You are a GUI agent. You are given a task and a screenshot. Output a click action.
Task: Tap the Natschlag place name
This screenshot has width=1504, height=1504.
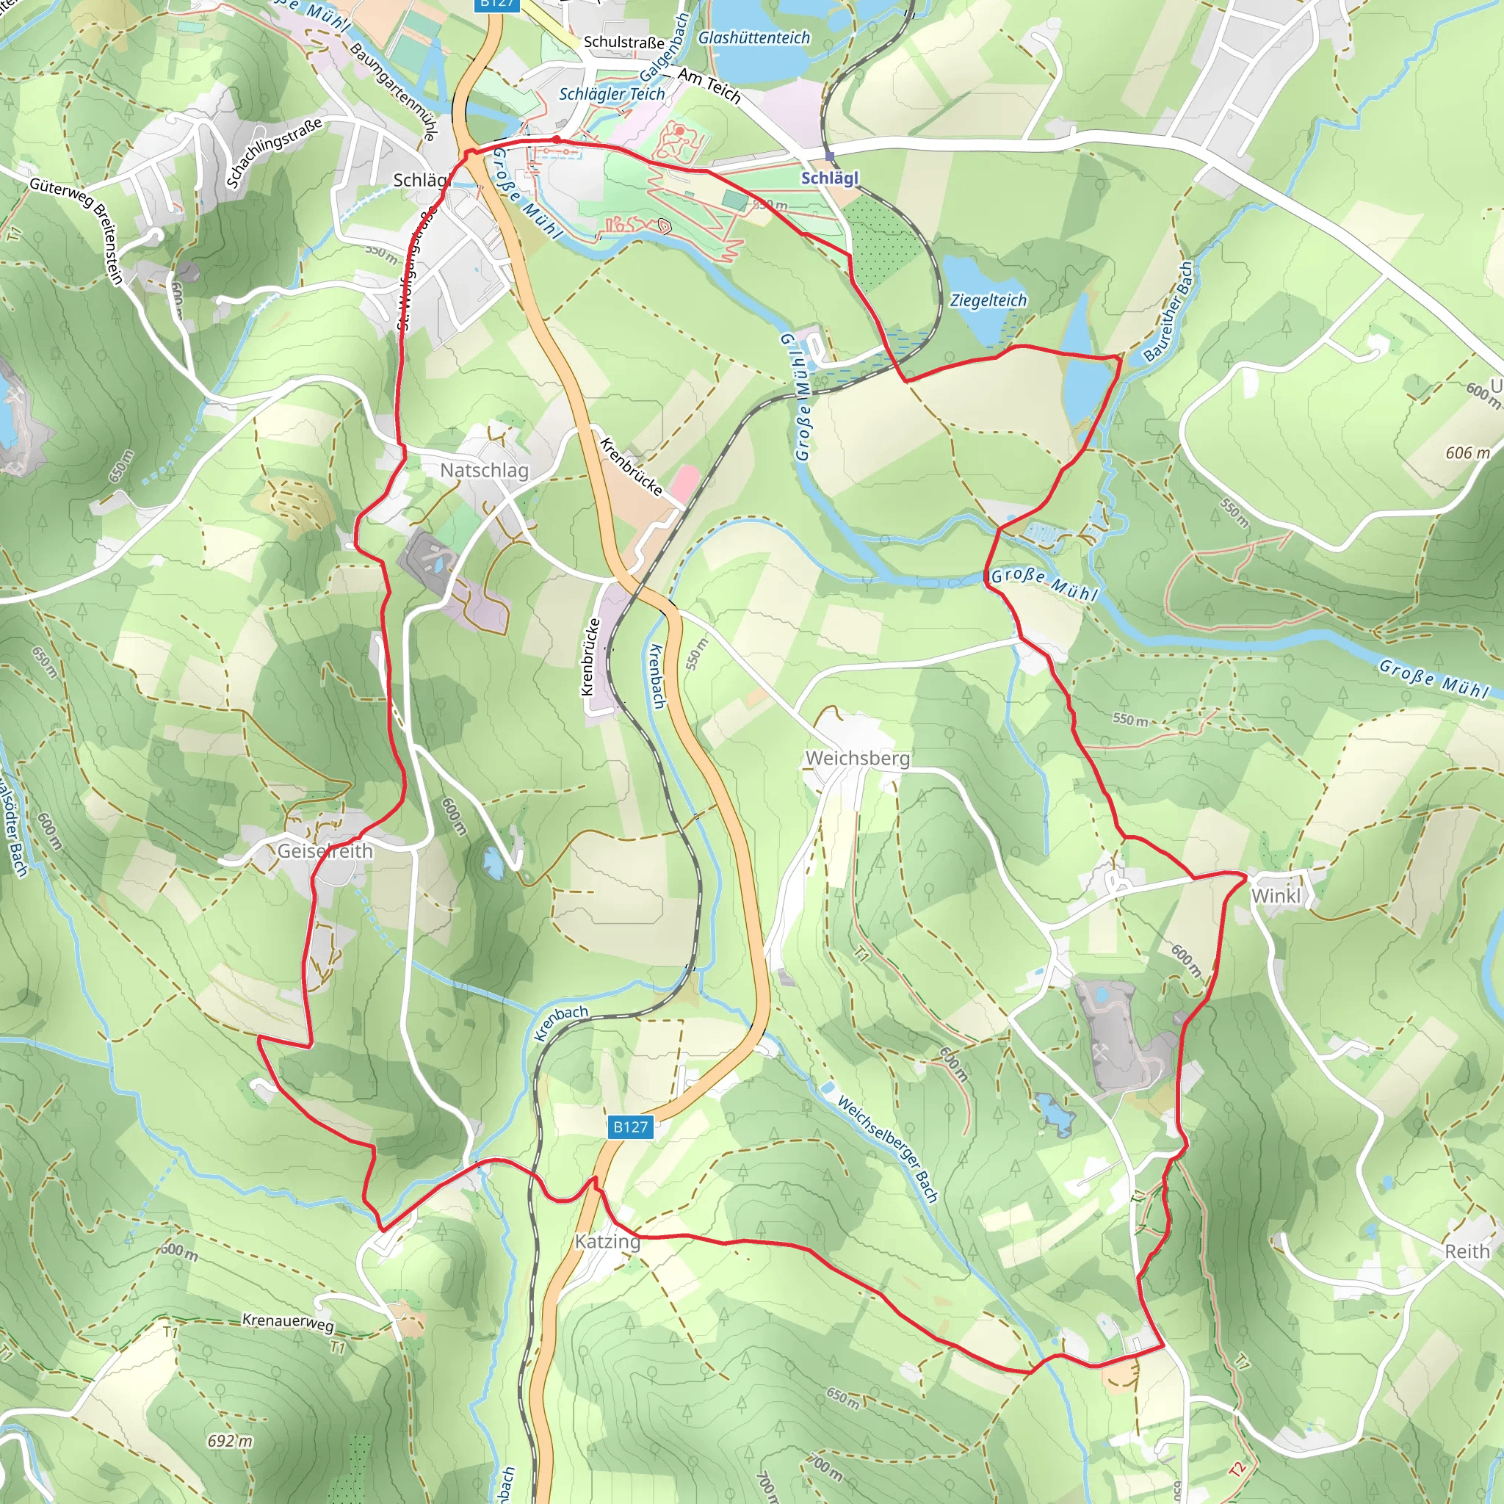click(x=484, y=470)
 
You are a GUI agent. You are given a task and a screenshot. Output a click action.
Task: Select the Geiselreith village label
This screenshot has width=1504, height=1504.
click(x=325, y=851)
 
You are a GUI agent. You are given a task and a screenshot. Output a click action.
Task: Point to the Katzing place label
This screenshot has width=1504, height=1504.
click(x=607, y=1241)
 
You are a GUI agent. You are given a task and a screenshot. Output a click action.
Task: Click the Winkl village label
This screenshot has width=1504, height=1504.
click(x=1275, y=896)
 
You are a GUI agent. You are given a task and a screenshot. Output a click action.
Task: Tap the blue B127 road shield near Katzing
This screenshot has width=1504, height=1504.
click(x=631, y=1127)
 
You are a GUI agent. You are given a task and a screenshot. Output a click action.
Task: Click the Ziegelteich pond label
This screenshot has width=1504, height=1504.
click(x=988, y=300)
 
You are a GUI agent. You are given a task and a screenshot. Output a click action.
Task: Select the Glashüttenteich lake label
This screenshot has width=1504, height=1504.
click(x=753, y=37)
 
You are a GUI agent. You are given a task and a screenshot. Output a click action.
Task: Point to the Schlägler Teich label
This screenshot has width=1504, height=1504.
click(x=612, y=94)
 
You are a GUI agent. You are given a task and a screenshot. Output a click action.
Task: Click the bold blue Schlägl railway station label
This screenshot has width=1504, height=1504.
click(x=830, y=178)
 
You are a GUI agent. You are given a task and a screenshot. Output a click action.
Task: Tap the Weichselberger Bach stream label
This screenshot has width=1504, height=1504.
click(x=886, y=1149)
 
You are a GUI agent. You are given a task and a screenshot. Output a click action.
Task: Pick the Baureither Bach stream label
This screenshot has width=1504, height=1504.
click(x=1168, y=312)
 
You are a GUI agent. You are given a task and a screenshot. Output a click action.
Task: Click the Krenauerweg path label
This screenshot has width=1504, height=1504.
click(x=288, y=1321)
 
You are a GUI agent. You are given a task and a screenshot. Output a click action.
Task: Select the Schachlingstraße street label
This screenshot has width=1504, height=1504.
click(x=273, y=152)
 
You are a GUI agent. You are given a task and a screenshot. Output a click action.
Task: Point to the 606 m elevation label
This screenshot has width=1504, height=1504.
click(x=1467, y=452)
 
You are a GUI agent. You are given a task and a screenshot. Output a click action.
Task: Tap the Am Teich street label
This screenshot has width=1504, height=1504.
click(x=709, y=86)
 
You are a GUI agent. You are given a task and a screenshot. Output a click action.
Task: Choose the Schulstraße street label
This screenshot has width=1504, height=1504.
click(x=623, y=42)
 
